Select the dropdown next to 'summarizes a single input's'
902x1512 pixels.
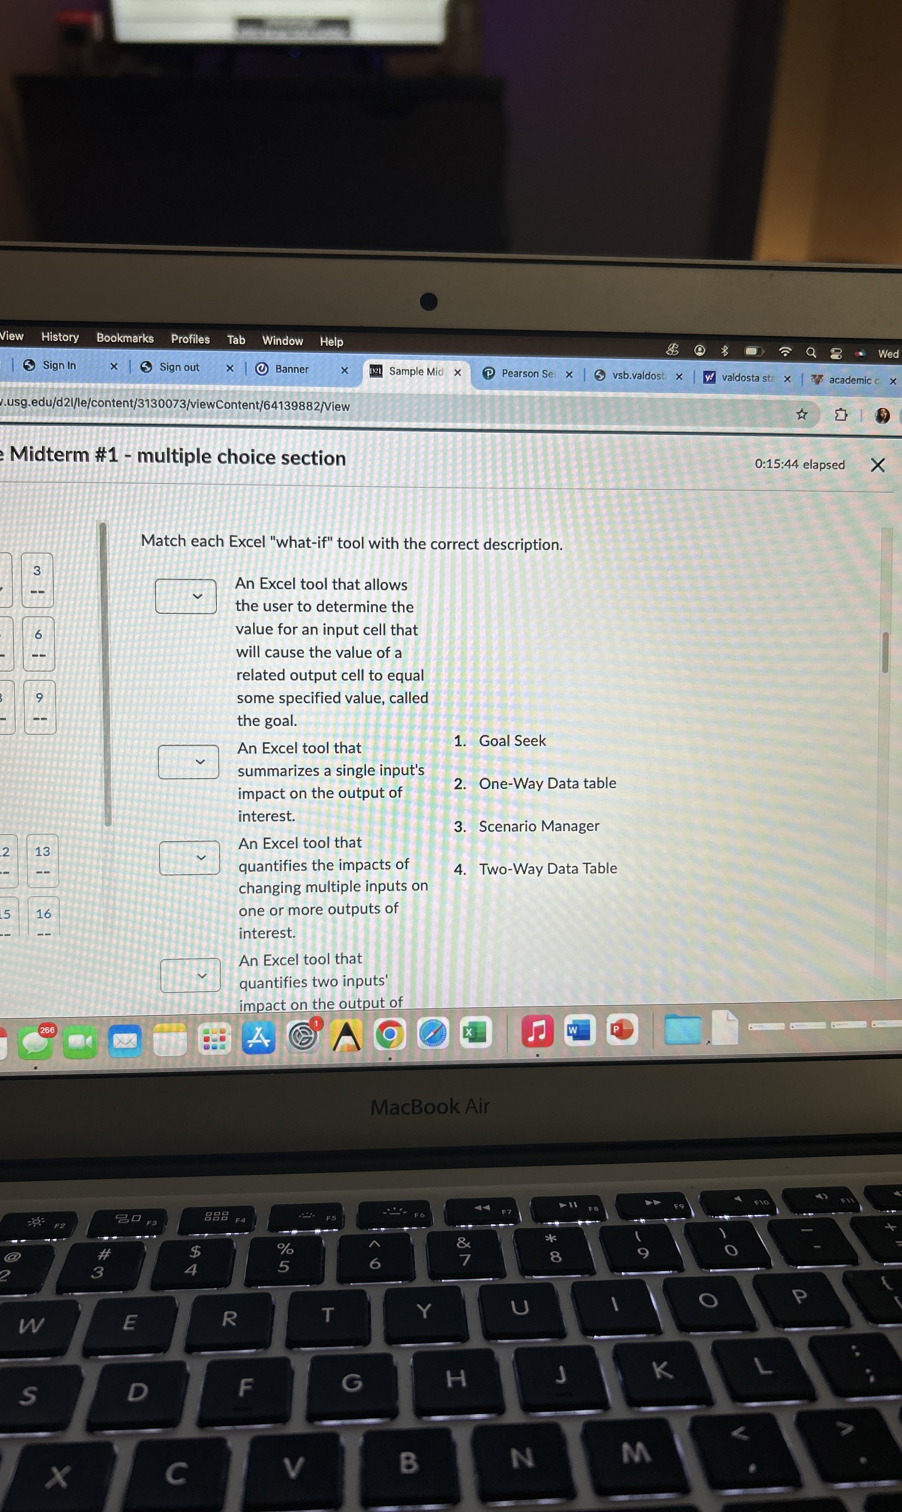(188, 761)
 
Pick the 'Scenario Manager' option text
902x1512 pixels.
(538, 826)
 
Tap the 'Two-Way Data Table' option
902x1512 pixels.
(548, 868)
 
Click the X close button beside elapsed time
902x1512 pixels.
(877, 465)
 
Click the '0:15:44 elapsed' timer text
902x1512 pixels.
(799, 464)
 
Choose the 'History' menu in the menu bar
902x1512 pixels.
(60, 337)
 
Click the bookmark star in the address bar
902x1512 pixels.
(802, 414)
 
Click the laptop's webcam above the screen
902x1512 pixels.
(428, 301)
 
